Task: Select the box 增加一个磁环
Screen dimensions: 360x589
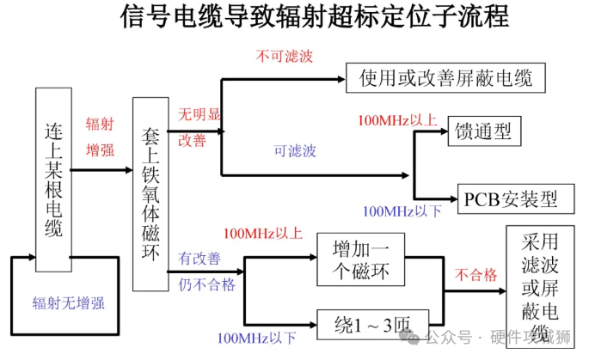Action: click(x=360, y=259)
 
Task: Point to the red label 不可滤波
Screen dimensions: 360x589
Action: click(x=285, y=57)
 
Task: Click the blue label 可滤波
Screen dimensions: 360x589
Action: click(x=295, y=151)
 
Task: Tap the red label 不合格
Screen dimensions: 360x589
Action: click(x=476, y=274)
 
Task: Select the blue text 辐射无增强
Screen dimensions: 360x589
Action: click(x=69, y=302)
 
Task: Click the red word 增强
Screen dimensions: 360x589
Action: click(x=100, y=150)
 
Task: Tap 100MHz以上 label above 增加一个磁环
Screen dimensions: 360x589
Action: click(x=262, y=233)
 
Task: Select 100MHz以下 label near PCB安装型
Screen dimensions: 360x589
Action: click(x=402, y=211)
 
